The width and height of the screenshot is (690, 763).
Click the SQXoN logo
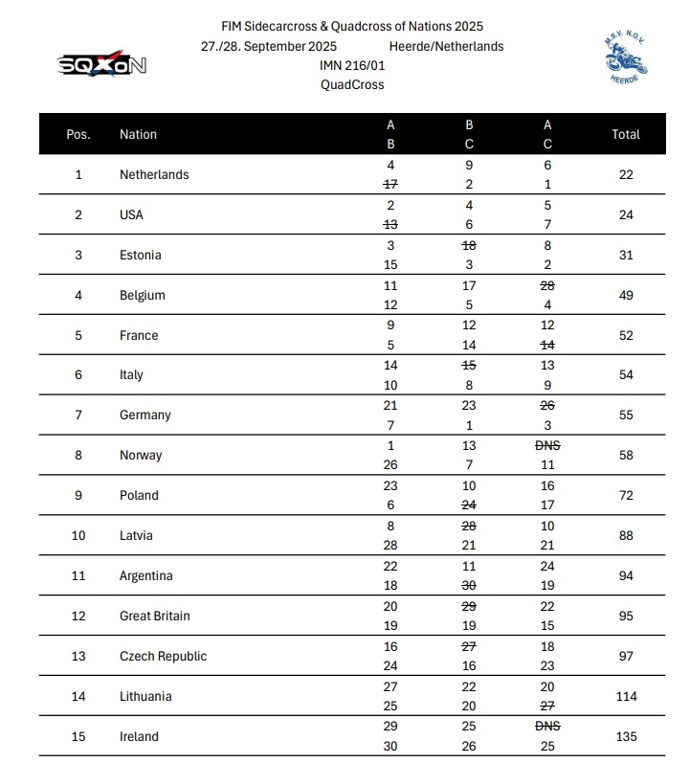[103, 65]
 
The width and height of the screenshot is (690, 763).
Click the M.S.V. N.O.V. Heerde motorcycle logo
[626, 58]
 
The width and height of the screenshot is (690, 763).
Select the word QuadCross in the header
[352, 84]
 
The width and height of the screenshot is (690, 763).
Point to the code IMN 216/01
[352, 65]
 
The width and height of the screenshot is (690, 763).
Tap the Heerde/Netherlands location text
[446, 46]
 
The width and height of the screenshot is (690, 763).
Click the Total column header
[626, 134]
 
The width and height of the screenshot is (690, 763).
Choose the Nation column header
[138, 134]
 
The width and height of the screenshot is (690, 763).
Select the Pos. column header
[78, 134]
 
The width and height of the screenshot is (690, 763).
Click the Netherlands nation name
[154, 174]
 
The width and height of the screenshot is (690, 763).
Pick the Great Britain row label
[154, 616]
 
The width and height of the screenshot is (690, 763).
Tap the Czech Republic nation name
[163, 656]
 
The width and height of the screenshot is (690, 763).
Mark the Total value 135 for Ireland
[626, 736]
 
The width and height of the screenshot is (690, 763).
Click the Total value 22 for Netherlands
[626, 174]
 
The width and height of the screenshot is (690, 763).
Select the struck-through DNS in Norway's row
[547, 445]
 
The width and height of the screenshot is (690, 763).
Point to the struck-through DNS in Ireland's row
[547, 727]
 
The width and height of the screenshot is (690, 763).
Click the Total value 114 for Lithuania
[626, 696]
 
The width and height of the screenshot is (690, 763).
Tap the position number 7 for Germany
[78, 415]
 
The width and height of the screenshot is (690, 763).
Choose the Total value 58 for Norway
[626, 455]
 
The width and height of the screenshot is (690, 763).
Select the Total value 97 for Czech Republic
[626, 656]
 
